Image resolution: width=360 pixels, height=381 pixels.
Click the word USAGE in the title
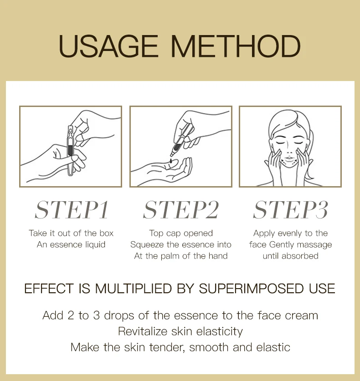tap(108, 46)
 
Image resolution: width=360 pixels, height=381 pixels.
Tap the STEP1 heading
tap(72, 210)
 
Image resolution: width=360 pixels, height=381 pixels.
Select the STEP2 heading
tap(181, 210)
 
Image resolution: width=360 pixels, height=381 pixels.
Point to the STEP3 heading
tap(290, 210)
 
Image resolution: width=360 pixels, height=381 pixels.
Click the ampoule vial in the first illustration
tap(70, 150)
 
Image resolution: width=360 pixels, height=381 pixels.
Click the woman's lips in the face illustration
tap(289, 159)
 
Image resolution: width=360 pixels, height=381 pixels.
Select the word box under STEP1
tap(107, 233)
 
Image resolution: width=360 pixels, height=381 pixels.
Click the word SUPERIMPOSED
tap(251, 289)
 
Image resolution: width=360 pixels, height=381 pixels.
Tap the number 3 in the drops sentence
tap(97, 315)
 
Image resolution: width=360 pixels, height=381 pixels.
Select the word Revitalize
tap(143, 331)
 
